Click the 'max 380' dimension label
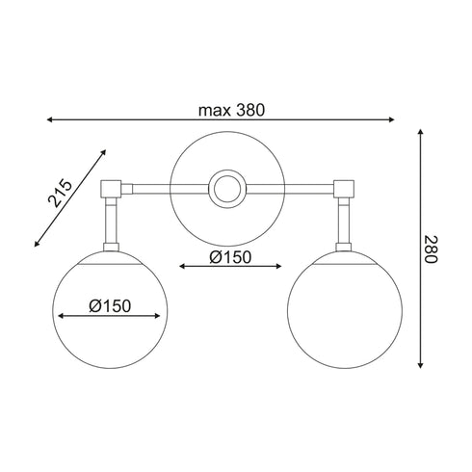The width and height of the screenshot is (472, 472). (x=231, y=109)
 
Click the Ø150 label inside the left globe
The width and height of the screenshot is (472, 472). (x=110, y=305)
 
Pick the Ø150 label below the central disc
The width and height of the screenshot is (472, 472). (x=230, y=257)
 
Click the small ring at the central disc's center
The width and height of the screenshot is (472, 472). (x=229, y=187)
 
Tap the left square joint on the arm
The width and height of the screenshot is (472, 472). (x=110, y=187)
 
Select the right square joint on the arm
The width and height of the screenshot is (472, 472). (x=345, y=187)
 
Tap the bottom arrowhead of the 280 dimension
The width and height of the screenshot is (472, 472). (x=420, y=366)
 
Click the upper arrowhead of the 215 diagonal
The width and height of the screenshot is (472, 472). (x=102, y=151)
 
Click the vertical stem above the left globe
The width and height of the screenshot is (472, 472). (x=110, y=222)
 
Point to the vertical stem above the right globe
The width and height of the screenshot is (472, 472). (x=345, y=222)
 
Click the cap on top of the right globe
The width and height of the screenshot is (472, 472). (x=345, y=253)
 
